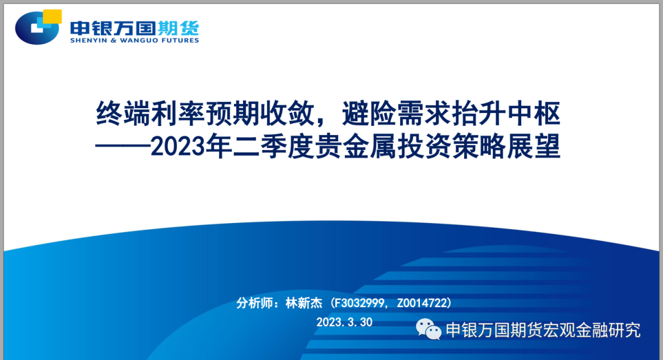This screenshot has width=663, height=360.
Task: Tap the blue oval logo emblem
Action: pyautogui.click(x=37, y=28)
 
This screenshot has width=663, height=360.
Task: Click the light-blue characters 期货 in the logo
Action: pyautogui.click(x=178, y=28)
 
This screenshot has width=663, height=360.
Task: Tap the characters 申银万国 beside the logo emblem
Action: pyautogui.click(x=113, y=28)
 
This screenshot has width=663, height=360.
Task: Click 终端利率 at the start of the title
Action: pyautogui.click(x=150, y=114)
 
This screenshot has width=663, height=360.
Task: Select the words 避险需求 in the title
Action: pyautogui.click(x=396, y=114)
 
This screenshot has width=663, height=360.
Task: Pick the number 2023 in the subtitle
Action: pyautogui.click(x=177, y=147)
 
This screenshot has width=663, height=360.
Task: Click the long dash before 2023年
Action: pyautogui.click(x=123, y=146)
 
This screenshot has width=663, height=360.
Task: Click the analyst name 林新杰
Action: pyautogui.click(x=304, y=303)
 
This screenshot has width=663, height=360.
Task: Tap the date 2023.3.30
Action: pyautogui.click(x=344, y=323)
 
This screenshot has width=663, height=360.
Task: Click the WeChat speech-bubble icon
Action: pyautogui.click(x=428, y=329)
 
